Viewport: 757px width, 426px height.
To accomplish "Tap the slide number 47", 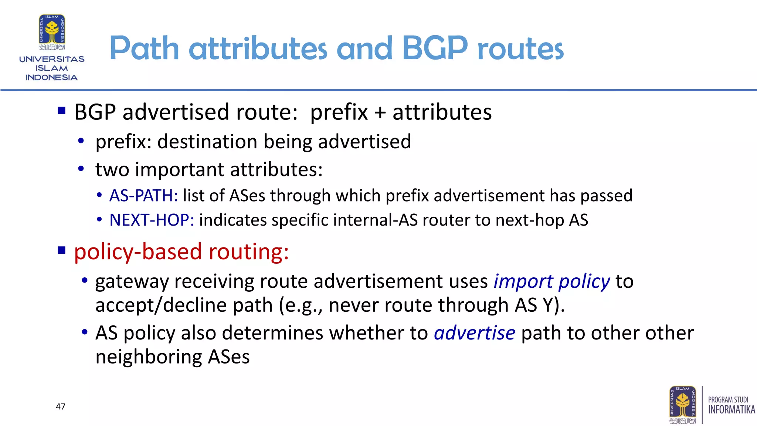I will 61,406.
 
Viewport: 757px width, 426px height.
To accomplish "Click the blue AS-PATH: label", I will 143,196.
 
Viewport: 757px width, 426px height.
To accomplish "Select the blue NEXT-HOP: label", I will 152,220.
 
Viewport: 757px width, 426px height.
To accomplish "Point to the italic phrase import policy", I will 551,281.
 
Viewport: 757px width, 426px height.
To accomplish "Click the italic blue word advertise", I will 474,333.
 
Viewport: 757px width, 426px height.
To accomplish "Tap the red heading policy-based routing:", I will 181,252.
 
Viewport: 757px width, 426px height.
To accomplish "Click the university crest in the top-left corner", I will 52,32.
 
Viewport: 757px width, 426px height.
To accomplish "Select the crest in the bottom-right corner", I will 682,405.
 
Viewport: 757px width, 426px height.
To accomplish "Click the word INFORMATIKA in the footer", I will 731,410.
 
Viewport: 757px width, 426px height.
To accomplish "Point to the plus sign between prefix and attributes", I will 380,112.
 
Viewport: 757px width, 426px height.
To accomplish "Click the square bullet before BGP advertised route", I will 62,111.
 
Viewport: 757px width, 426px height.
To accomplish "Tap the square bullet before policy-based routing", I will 62,250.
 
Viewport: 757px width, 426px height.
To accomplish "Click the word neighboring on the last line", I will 149,357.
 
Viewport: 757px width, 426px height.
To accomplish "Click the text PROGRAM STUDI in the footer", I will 727,400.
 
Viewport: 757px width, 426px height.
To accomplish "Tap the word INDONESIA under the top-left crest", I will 51,78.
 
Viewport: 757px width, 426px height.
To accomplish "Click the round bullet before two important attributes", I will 81,169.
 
